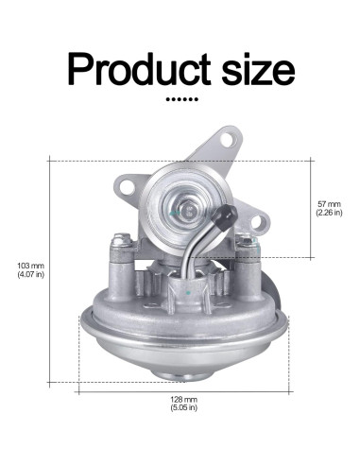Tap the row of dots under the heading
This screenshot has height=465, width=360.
tap(179, 98)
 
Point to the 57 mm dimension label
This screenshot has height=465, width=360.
tap(328, 203)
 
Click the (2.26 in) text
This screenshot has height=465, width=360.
tap(328, 214)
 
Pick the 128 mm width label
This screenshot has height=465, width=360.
tap(184, 400)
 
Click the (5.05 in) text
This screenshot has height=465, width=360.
tap(184, 410)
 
